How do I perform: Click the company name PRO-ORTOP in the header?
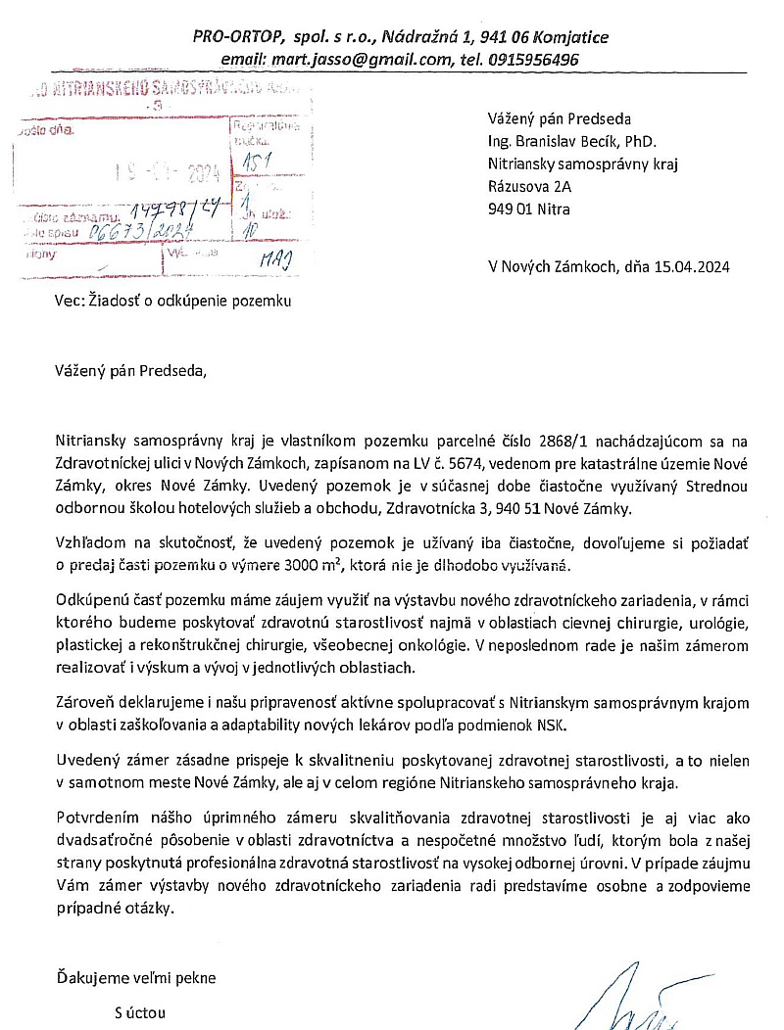[x=236, y=37]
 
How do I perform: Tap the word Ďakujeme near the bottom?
[x=91, y=977]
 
